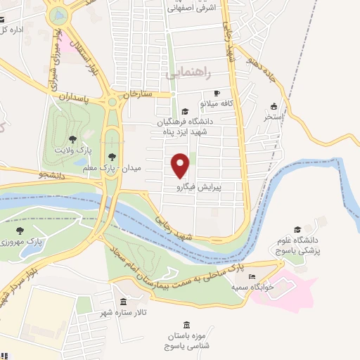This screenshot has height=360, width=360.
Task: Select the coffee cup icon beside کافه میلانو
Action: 217,94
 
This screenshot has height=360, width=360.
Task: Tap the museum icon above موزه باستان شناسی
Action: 186,326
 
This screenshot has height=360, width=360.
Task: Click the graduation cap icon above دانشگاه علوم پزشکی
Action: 297,229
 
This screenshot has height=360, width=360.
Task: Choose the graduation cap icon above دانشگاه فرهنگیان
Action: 185,111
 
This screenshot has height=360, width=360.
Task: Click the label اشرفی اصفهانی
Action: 193,8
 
